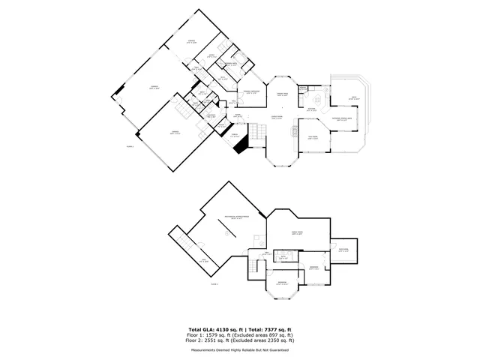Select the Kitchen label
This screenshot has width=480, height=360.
tap(310, 109)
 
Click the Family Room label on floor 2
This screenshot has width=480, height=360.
tap(296, 233)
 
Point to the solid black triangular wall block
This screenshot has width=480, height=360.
tap(241, 147)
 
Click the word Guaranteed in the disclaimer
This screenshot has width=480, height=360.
tap(278, 349)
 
